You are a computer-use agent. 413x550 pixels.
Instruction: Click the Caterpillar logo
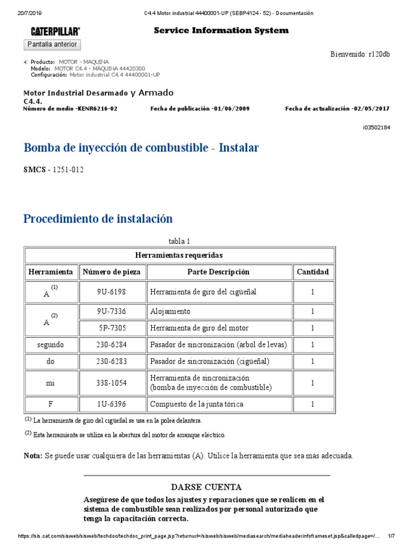click(x=55, y=31)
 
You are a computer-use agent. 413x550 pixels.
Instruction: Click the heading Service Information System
click(x=221, y=31)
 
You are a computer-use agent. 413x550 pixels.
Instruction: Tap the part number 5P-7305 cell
click(x=113, y=328)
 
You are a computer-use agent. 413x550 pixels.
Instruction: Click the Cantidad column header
click(x=312, y=272)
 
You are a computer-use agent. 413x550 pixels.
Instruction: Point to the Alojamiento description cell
click(x=170, y=312)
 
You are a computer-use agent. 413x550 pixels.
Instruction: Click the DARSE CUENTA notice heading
click(x=206, y=487)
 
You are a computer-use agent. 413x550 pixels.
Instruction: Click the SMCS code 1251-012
click(x=68, y=170)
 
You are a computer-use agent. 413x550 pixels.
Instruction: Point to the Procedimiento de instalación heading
click(x=98, y=219)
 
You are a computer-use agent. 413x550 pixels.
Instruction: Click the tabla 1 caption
click(x=180, y=241)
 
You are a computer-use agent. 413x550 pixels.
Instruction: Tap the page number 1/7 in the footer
click(x=391, y=536)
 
